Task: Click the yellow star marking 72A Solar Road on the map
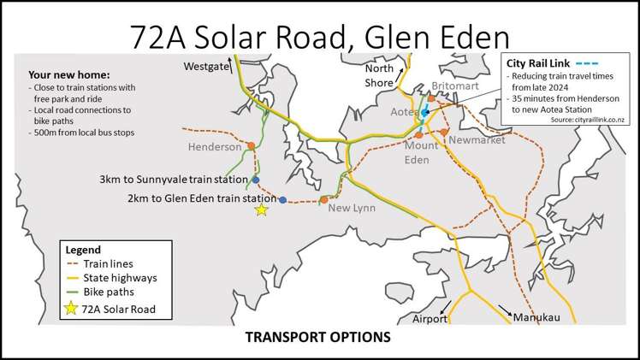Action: coord(261,210)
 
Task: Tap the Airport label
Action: coord(430,318)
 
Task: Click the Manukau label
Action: coord(536,318)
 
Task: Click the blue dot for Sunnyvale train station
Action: coord(255,181)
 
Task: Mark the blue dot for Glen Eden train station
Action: coord(283,199)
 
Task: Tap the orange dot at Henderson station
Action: coord(250,146)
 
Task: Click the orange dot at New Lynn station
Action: coord(323,200)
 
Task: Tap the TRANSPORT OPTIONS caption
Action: coord(318,336)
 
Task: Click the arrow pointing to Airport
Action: coord(444,306)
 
